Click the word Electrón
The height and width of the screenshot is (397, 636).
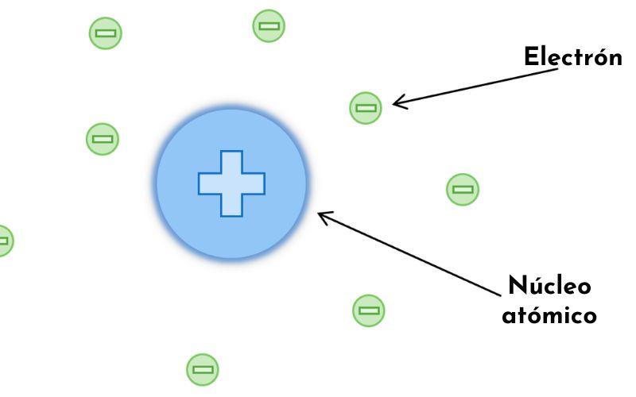tap(572, 57)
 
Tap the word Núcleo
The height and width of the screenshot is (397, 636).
tap(549, 286)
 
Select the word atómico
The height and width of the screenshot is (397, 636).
tap(549, 315)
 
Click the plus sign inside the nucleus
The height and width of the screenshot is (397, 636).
tap(231, 183)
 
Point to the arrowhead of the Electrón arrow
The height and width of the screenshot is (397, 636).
tap(396, 102)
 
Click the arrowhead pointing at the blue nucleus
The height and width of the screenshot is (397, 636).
tap(320, 214)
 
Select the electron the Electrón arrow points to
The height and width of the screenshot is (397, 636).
tap(366, 107)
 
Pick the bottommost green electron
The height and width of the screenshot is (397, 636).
tap(202, 369)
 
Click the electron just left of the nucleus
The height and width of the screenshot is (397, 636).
tap(102, 139)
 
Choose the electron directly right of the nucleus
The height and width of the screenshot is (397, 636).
tap(462, 190)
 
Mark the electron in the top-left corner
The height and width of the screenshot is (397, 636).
tap(105, 33)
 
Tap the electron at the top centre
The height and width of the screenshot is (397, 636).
tap(269, 25)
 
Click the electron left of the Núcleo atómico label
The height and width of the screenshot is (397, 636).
tap(368, 310)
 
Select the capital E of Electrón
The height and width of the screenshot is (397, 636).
tap(531, 57)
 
